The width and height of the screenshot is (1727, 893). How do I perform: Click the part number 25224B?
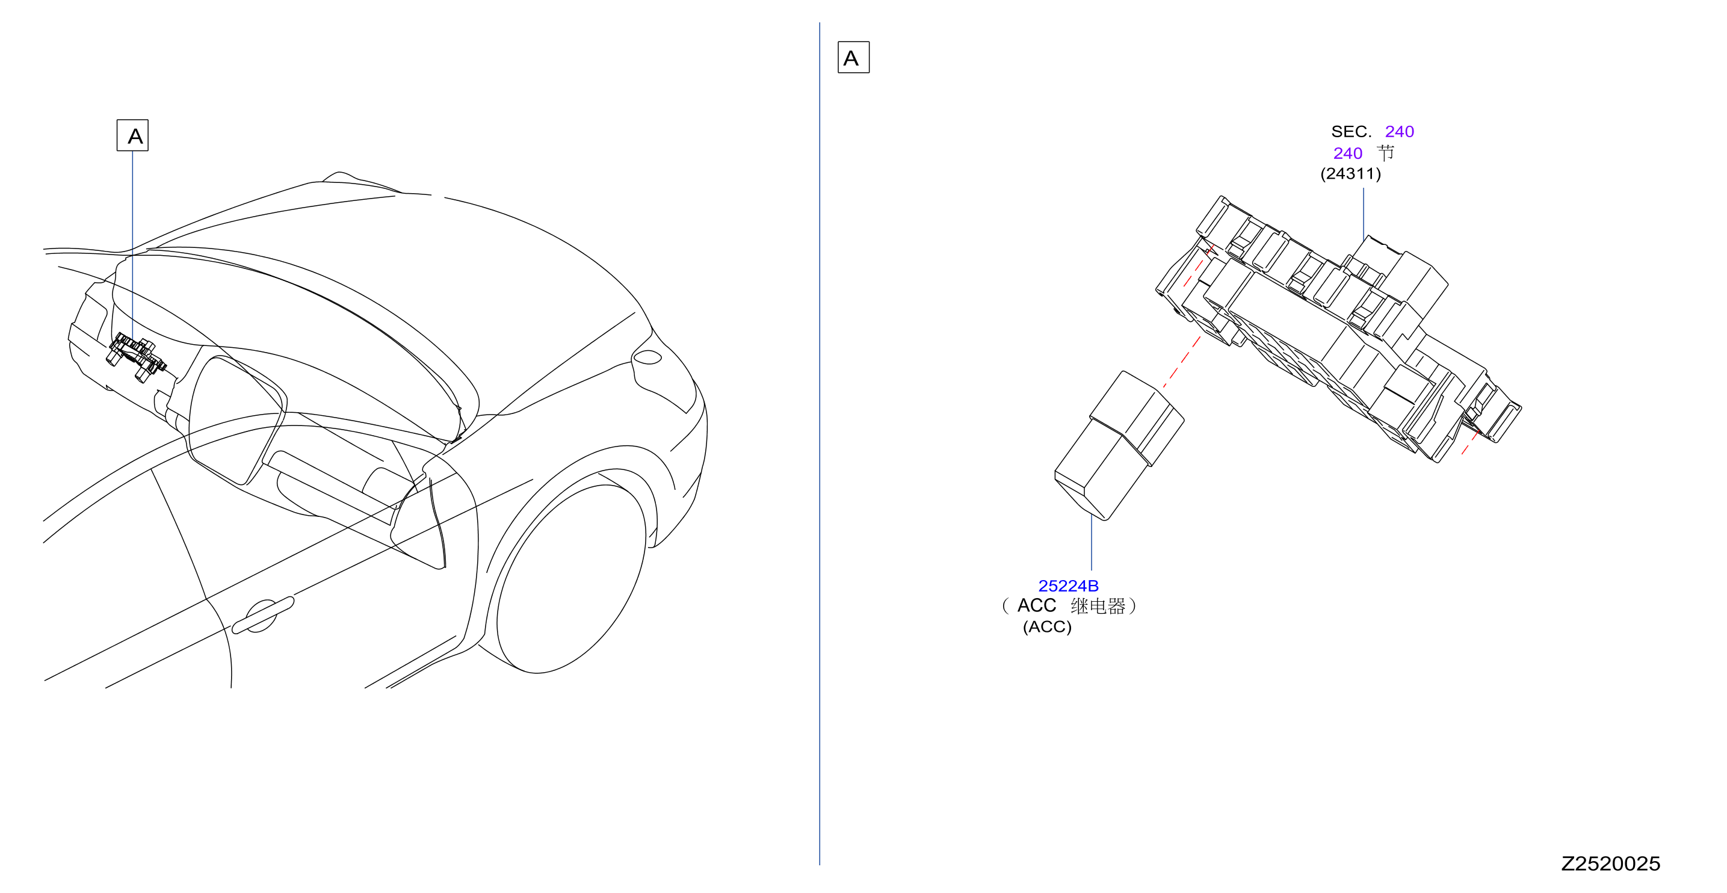[1068, 586]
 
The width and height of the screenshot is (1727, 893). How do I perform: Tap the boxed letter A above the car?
[133, 135]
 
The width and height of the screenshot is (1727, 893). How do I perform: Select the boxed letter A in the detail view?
[853, 57]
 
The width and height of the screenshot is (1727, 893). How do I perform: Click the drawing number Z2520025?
[1610, 864]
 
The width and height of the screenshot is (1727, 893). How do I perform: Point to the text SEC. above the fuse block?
[1352, 131]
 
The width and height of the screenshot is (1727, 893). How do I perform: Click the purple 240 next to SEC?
[1399, 131]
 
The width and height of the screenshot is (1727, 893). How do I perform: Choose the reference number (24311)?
[1351, 174]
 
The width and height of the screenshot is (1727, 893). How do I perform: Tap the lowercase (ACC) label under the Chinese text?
[1047, 627]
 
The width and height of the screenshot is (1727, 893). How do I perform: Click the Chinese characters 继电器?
[1098, 606]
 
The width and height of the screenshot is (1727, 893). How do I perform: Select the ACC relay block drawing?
[1119, 446]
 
